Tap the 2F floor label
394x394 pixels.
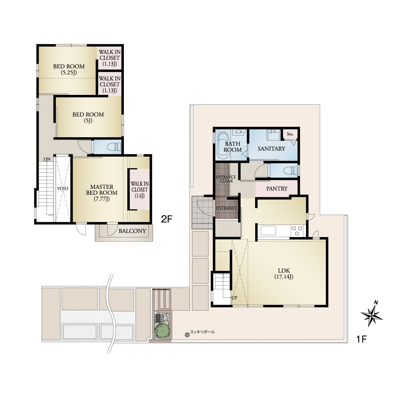click(x=167, y=219)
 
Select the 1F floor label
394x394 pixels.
click(x=361, y=339)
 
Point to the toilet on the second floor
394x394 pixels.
click(x=114, y=147)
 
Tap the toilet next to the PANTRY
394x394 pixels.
click(x=291, y=170)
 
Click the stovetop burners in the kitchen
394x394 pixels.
click(x=297, y=230)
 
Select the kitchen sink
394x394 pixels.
click(x=268, y=230)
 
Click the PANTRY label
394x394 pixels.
click(x=277, y=188)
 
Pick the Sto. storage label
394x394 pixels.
click(x=290, y=134)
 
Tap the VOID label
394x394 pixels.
click(x=63, y=188)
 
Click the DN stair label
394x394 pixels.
click(x=47, y=159)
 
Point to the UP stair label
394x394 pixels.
click(x=234, y=298)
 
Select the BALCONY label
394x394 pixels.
click(x=132, y=231)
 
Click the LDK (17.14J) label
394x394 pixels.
click(x=284, y=274)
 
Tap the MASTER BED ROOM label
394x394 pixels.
click(x=102, y=193)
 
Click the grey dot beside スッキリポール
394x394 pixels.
click(x=187, y=335)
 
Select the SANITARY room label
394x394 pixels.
click(x=271, y=149)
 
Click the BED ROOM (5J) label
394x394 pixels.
click(x=88, y=117)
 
